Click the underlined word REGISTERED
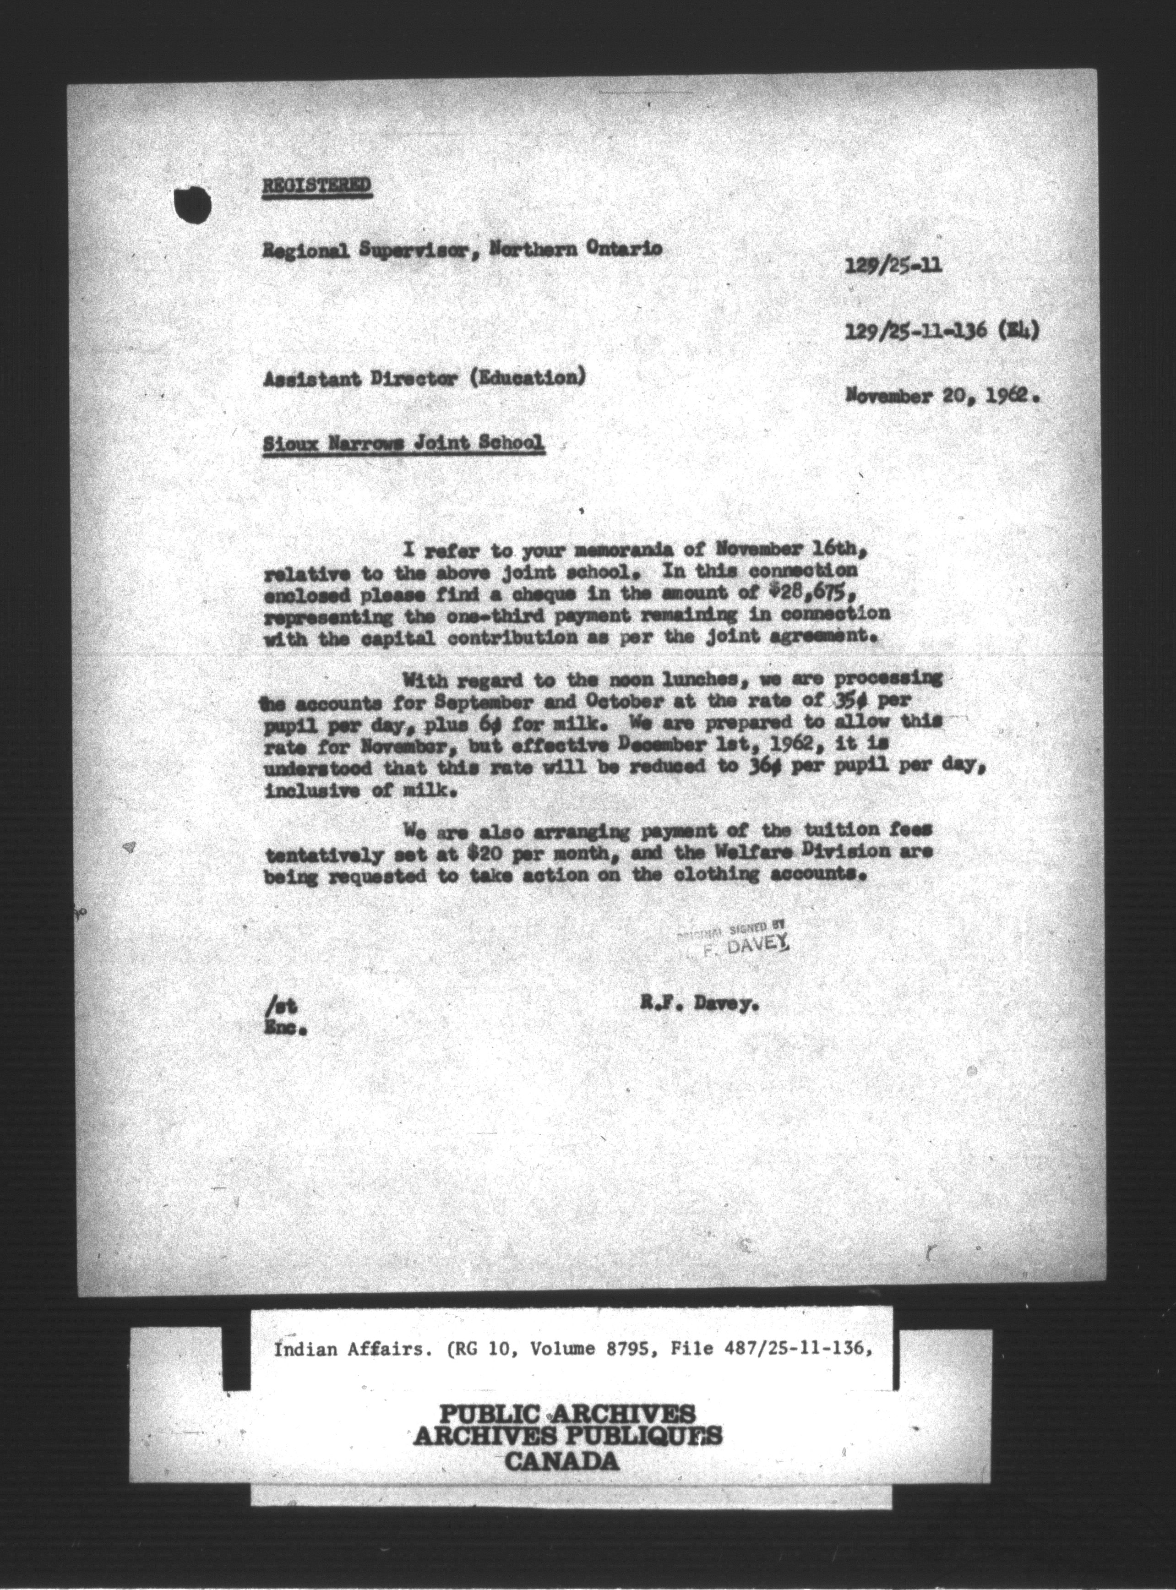coord(316,186)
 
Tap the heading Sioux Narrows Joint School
coord(403,444)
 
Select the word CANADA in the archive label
coord(561,1463)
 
